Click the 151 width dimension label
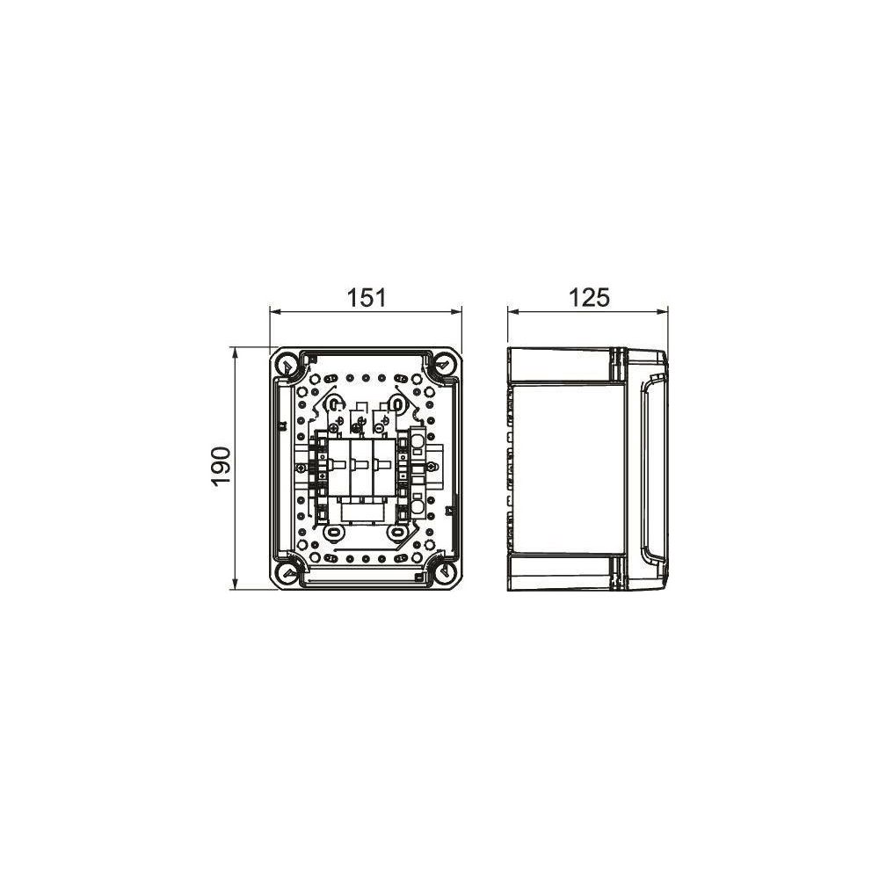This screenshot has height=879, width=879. click(366, 298)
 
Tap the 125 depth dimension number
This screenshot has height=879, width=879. click(589, 298)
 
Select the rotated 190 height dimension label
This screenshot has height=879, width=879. click(222, 467)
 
